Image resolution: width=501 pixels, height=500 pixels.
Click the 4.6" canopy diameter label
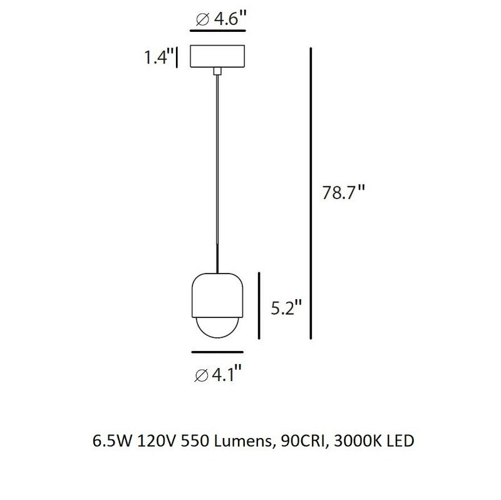pos(218,18)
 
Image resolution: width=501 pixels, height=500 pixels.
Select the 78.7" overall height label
pos(343,193)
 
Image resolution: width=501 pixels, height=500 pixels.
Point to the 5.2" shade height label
pos(286,308)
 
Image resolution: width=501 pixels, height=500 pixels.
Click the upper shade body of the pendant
pos(217,294)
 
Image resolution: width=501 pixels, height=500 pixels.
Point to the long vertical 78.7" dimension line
pos(311,193)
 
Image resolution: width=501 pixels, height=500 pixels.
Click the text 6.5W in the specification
pos(107,441)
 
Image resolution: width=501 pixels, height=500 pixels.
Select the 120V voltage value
pos(153,441)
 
